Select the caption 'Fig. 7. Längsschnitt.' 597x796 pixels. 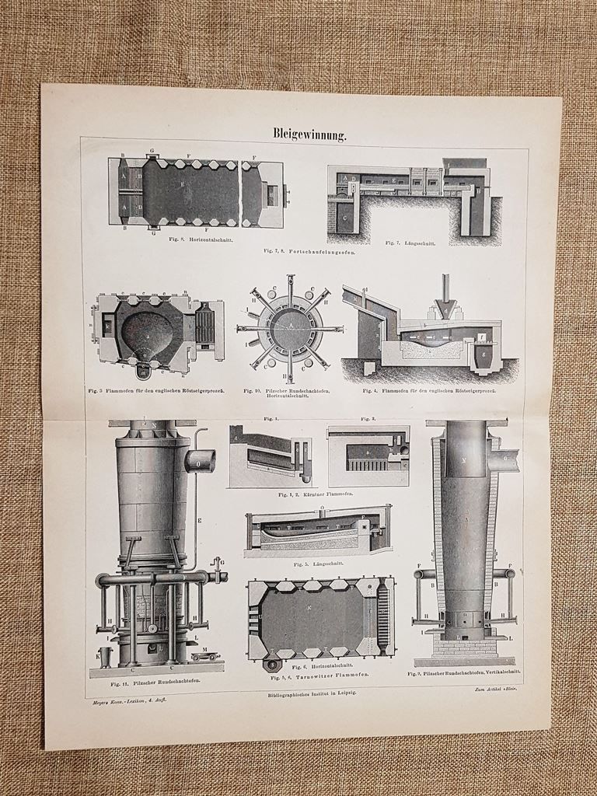(410, 243)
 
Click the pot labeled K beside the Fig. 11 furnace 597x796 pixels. (106, 657)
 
